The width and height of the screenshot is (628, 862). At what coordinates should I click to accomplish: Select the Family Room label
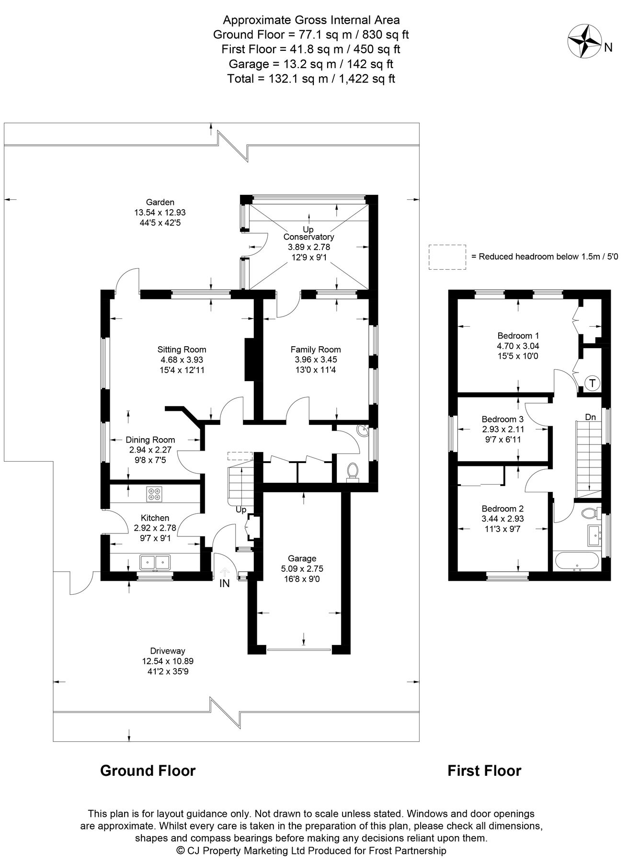pos(316,349)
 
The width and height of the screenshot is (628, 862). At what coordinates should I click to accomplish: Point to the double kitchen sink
pos(155,562)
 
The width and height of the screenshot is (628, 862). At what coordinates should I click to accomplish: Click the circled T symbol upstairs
pos(593,383)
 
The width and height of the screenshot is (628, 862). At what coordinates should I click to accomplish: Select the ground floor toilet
pos(353,471)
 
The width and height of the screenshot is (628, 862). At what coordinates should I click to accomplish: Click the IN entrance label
pos(225,583)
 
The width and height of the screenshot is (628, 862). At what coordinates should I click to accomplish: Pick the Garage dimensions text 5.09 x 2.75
pos(302,568)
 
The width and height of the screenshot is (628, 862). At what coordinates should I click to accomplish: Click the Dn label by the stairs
pos(590,417)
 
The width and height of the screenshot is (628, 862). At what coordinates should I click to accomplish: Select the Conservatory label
pos(308,237)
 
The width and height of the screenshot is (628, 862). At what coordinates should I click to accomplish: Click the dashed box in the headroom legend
pos(447,257)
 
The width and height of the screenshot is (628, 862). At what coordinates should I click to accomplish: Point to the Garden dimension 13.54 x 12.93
pos(160,212)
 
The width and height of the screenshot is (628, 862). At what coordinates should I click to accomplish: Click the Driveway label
pos(167,651)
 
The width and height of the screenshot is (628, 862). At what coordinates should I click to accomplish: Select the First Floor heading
pos(484,771)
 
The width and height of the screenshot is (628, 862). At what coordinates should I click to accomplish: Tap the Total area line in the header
pos(311,79)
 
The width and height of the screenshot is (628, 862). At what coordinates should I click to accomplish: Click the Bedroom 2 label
pos(502,509)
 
